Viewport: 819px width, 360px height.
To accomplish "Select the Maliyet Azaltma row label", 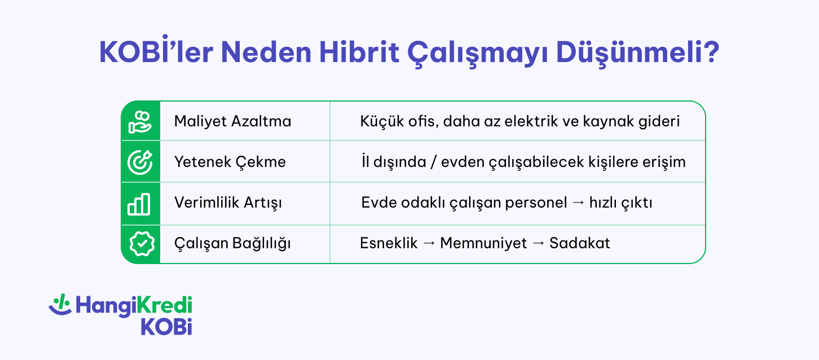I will [232, 121].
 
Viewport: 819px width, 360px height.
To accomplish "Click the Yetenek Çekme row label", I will [230, 162].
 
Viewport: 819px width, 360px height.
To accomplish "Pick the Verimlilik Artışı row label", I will [228, 203].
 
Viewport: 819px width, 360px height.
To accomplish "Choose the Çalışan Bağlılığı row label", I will [232, 244].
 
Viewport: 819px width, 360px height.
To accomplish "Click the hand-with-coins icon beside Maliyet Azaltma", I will [140, 121].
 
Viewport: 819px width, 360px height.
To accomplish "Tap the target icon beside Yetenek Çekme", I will [140, 162].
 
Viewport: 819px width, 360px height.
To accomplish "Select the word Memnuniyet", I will [483, 244].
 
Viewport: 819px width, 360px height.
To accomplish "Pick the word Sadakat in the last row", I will [580, 244].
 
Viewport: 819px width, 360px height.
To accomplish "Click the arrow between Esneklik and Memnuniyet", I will [429, 244].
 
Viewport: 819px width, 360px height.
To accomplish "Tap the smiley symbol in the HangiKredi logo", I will [60, 305].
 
